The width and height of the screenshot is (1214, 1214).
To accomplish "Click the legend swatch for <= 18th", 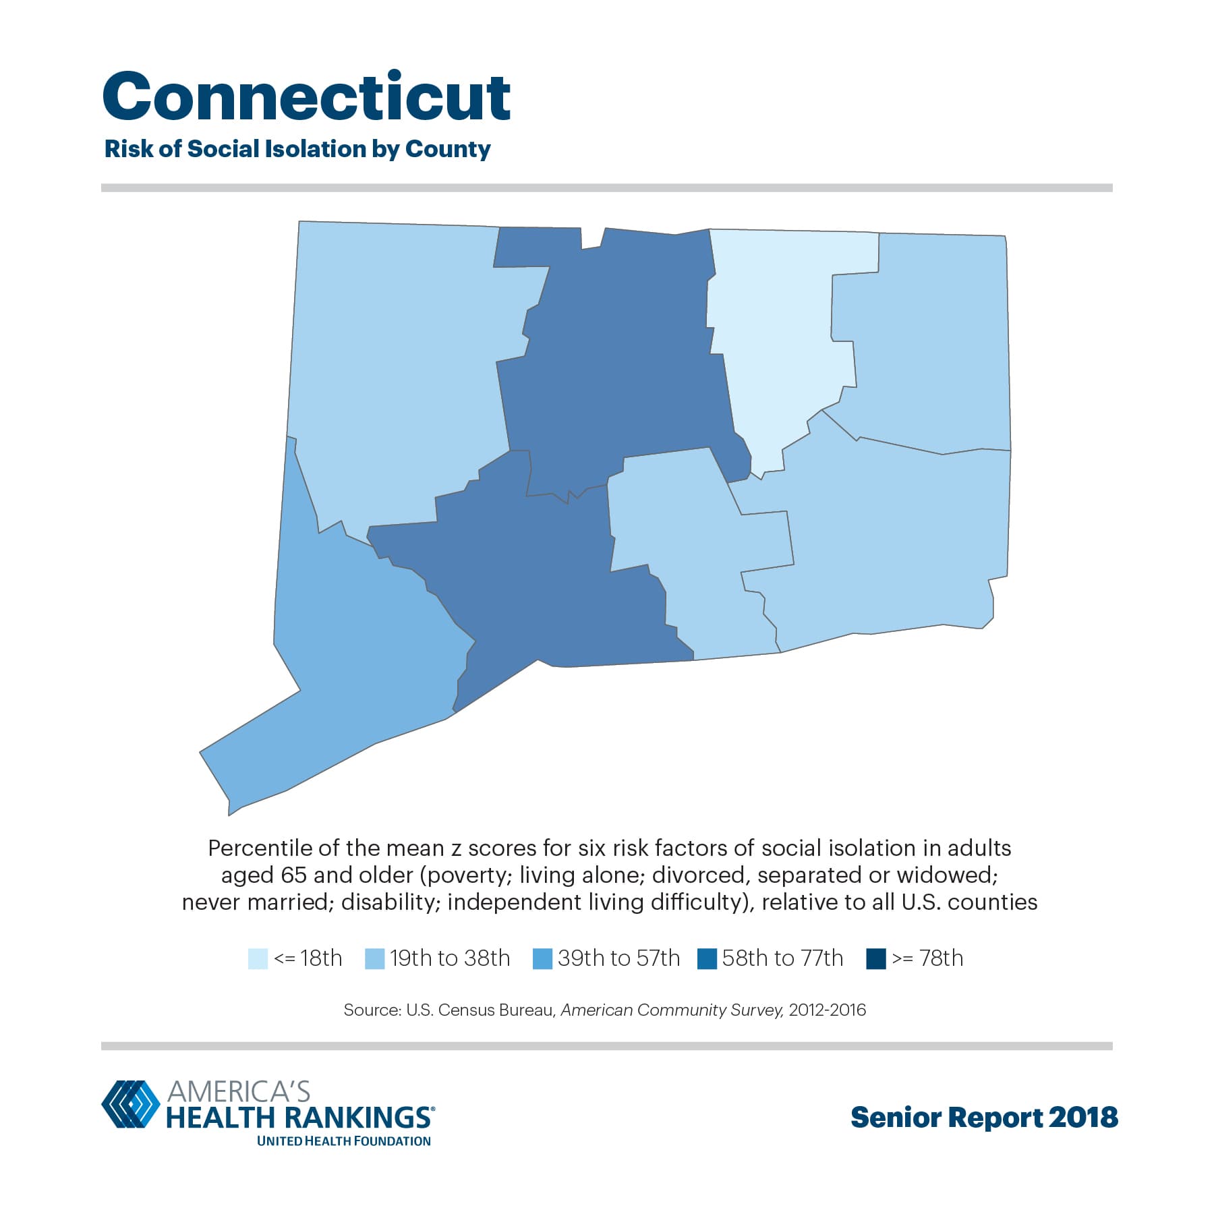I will tap(258, 958).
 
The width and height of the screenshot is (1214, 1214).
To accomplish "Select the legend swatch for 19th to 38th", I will tap(374, 958).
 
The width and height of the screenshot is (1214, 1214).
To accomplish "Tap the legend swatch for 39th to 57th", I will tap(542, 958).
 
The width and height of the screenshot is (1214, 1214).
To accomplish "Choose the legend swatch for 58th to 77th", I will tap(707, 958).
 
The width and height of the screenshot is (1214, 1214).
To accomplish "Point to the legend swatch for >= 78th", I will tap(875, 958).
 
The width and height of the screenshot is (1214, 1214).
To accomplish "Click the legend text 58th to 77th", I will tap(782, 958).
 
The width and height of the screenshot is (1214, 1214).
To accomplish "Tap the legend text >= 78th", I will tap(927, 958).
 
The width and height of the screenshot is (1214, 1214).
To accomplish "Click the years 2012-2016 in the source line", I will tap(827, 1010).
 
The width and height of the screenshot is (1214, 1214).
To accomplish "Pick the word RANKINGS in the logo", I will tap(358, 1118).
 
